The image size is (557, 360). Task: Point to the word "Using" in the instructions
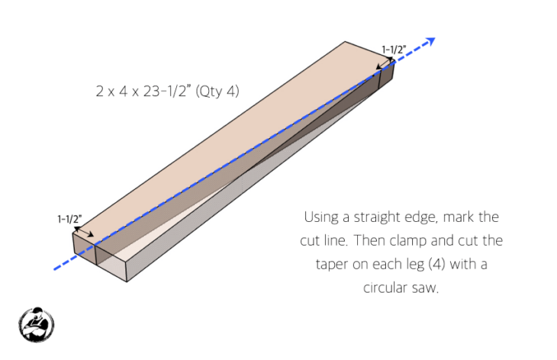(x=320, y=217)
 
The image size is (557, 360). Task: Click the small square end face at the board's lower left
(x=83, y=250)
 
